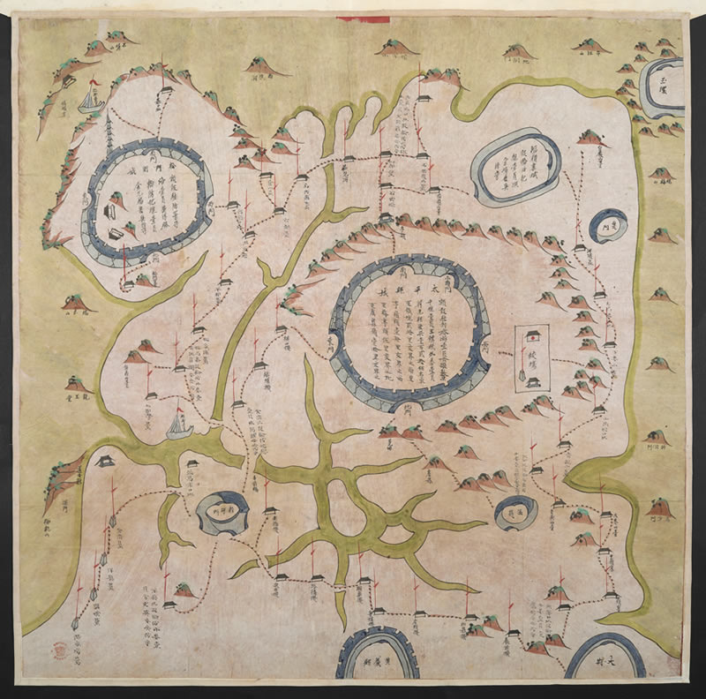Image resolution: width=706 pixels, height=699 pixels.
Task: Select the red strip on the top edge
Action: point(362,18)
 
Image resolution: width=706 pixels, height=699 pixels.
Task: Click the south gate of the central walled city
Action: point(410,409)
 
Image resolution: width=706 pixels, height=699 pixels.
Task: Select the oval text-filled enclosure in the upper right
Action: point(515,166)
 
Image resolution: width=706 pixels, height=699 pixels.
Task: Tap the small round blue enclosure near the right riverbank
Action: point(608,225)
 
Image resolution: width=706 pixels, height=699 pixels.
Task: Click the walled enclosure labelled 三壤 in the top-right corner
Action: point(663,88)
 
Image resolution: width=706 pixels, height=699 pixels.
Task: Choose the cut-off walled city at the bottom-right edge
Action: point(606,658)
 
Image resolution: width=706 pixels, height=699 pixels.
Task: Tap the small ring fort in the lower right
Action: point(516,512)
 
